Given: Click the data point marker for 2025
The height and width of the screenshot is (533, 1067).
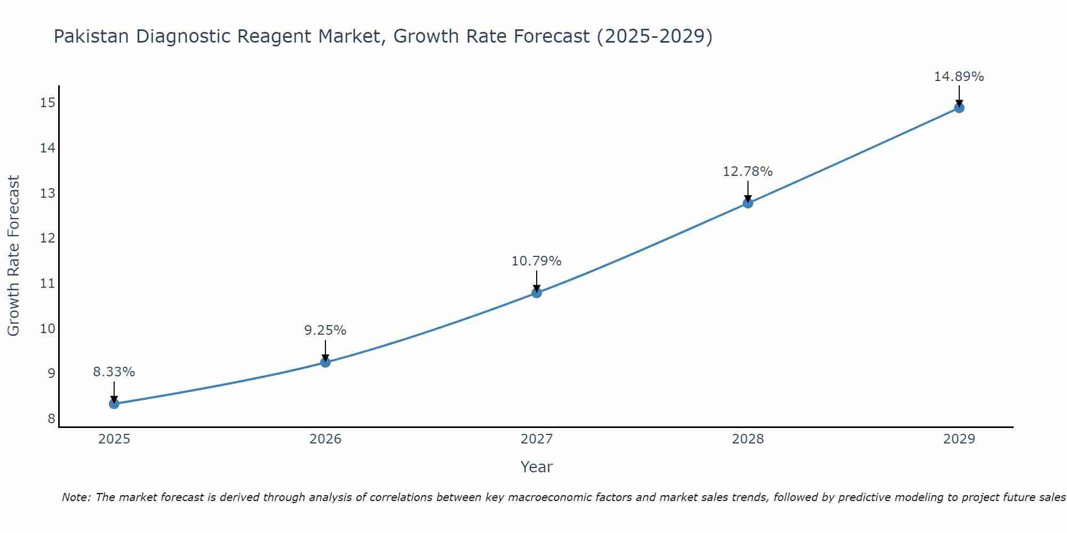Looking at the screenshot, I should (114, 403).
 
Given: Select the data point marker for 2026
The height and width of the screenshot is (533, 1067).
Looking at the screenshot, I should (325, 362).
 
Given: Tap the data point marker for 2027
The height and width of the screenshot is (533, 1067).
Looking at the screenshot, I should (537, 293).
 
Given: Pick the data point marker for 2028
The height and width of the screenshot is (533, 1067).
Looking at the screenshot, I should (748, 203).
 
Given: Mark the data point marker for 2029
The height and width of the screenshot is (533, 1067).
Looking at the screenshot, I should (959, 108).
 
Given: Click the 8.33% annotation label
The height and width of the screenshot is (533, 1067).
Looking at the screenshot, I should (114, 372).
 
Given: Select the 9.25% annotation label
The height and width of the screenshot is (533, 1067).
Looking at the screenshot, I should (325, 330).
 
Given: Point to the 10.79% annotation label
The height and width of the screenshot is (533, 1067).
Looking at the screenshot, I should (537, 261).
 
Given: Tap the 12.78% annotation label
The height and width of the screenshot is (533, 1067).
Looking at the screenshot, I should (748, 172).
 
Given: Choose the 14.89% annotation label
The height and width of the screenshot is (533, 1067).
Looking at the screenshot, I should (959, 77).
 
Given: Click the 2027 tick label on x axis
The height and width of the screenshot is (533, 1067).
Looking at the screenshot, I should (537, 439).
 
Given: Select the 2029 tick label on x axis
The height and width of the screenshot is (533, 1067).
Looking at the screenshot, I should (959, 439).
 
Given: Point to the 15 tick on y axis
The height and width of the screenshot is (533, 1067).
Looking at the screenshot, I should (47, 102).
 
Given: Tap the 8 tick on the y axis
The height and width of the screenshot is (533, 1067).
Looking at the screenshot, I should (51, 418).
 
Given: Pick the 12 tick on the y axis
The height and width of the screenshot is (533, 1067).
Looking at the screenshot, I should (47, 238).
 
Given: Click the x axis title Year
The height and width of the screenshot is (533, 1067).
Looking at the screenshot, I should (537, 467).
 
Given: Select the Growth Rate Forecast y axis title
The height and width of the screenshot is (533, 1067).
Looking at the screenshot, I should (14, 255).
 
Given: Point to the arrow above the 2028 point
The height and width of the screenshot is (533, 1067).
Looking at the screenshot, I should (748, 191).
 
